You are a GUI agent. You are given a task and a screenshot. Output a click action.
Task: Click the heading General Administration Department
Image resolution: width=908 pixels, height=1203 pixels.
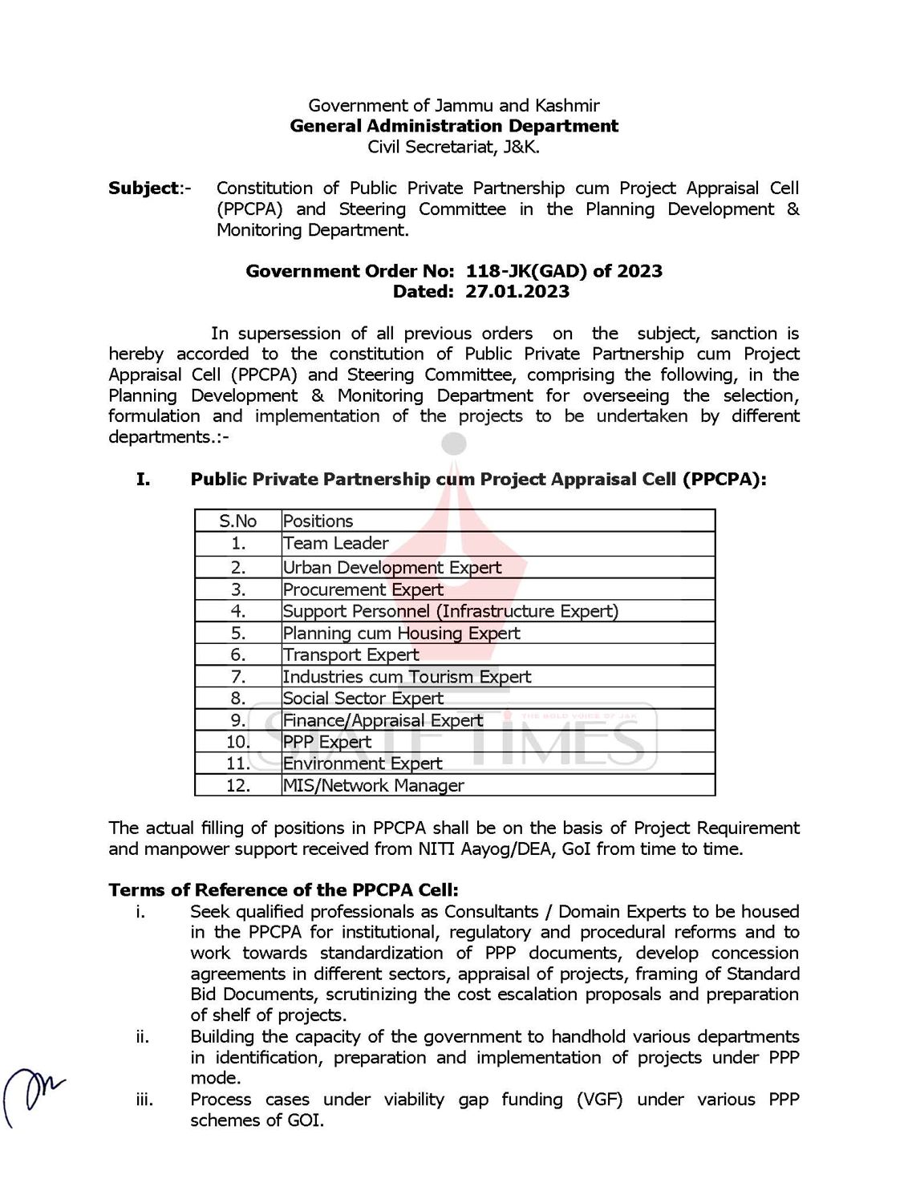click(x=454, y=126)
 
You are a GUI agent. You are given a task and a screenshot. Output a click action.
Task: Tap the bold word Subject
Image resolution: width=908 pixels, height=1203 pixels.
click(x=144, y=188)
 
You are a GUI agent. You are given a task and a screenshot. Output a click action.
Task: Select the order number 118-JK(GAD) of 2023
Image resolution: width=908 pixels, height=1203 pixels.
click(x=564, y=271)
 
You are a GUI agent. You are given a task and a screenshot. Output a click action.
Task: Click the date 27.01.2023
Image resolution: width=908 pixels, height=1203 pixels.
click(x=517, y=292)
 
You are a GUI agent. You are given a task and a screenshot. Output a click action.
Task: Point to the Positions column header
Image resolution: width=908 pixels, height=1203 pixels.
click(x=318, y=521)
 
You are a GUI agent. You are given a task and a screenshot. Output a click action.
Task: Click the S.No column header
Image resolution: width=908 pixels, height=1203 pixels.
click(x=238, y=521)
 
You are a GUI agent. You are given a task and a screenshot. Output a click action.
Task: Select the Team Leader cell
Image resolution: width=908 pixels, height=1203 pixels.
click(x=336, y=544)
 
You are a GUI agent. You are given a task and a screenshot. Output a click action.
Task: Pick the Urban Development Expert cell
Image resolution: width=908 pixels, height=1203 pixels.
click(x=392, y=568)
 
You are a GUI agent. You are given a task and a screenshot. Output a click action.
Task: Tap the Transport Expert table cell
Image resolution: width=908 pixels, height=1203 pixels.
click(x=351, y=655)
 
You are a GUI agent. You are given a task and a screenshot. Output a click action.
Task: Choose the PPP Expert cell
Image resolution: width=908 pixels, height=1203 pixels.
click(x=327, y=742)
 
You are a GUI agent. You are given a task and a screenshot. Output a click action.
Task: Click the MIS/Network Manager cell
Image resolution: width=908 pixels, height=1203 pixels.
click(x=374, y=786)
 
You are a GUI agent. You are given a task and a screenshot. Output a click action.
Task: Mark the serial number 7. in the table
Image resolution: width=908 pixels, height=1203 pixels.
click(x=238, y=677)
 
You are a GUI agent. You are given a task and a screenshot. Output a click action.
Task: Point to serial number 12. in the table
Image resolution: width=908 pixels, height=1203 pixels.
click(x=238, y=786)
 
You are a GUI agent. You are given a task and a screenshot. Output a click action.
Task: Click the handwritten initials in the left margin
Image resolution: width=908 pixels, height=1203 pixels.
click(x=32, y=1095)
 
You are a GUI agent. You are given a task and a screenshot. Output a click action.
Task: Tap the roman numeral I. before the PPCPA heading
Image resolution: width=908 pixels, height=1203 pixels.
click(x=143, y=480)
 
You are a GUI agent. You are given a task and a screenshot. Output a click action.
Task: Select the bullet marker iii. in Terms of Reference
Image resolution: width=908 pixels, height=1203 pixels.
click(x=144, y=1100)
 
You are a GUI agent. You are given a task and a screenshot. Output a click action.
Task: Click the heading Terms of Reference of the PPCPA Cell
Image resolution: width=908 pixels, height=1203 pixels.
click(x=284, y=890)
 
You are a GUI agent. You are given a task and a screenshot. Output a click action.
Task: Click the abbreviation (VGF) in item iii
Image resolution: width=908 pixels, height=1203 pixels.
click(x=599, y=1100)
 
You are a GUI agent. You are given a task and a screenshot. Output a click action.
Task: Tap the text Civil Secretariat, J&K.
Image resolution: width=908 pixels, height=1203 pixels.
click(x=454, y=147)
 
